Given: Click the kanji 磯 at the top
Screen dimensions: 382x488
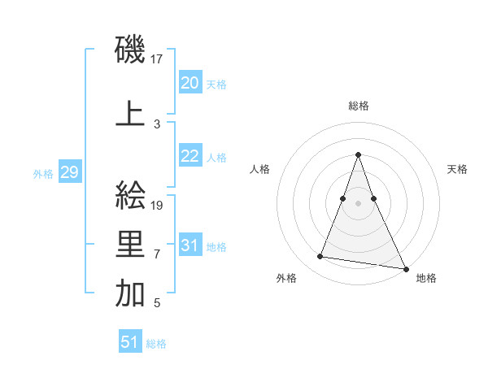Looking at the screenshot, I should (131, 50).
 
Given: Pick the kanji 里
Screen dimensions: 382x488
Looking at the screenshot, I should (131, 245).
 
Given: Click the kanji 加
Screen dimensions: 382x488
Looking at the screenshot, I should (131, 295).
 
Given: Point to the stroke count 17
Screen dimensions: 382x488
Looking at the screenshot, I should (158, 59).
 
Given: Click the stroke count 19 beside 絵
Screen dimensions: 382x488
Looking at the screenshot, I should (158, 206).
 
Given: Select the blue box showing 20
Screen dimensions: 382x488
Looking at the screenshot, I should (190, 83).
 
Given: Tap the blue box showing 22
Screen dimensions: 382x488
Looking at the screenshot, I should (190, 156).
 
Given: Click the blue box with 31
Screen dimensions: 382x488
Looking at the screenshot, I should (190, 245).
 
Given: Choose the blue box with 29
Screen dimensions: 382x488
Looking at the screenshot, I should (69, 172).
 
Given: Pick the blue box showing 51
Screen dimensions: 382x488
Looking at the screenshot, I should (130, 342).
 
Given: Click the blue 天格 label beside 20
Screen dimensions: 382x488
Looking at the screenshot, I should (216, 85).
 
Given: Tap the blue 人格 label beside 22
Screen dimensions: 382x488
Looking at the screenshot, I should (216, 158).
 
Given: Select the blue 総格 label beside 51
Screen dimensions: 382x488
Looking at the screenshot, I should (156, 344).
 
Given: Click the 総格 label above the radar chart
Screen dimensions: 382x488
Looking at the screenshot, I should (359, 106).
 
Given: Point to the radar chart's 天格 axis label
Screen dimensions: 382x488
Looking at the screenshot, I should (457, 169).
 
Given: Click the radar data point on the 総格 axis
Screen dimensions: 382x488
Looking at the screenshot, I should (359, 154).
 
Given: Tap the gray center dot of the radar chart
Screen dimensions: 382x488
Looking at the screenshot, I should (359, 204).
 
